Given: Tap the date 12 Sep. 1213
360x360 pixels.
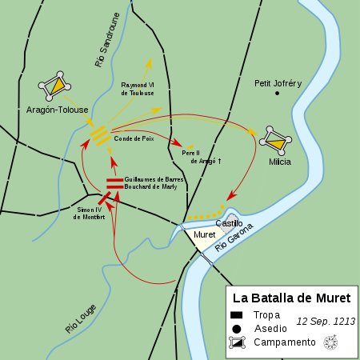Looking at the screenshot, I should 325,321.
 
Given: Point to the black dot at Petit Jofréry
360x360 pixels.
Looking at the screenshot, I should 278,94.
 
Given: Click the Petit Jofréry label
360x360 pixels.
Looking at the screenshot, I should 278,83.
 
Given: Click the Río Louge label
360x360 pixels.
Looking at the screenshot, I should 79,318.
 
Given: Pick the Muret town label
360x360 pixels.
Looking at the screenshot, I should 204,235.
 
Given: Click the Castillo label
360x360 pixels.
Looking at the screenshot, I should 229,223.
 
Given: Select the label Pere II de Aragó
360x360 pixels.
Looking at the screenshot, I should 201,156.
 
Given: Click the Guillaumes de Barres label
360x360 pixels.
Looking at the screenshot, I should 154,179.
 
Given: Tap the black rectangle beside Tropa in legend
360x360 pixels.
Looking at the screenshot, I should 238,315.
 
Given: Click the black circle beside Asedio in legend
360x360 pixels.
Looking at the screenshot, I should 238,329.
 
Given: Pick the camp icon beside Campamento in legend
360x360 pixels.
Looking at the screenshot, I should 238,342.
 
